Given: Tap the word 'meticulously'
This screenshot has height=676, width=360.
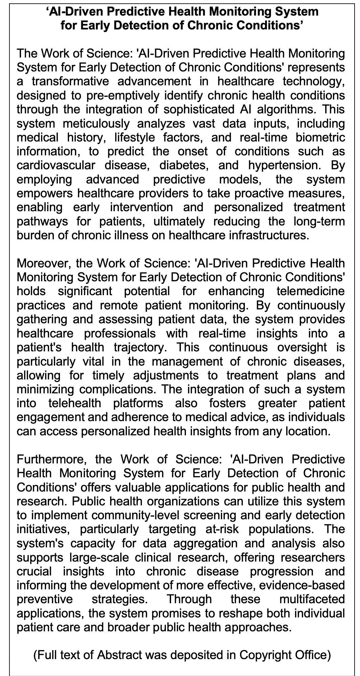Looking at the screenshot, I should click(x=96, y=124).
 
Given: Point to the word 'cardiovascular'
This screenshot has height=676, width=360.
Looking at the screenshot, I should click(x=55, y=166).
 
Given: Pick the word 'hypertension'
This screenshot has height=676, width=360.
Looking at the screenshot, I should click(x=282, y=166).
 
